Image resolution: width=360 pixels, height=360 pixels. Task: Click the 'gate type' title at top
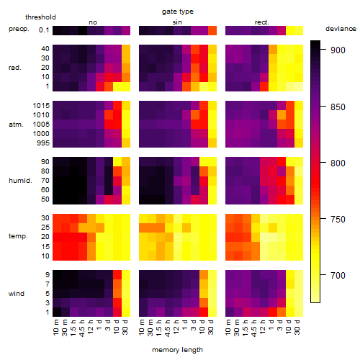(178, 12)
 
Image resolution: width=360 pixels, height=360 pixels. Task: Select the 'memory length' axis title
(177, 350)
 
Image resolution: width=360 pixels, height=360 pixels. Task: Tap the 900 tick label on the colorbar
(338, 50)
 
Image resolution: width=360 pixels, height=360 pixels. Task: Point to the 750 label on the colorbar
(338, 219)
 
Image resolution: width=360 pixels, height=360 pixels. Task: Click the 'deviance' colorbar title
(341, 29)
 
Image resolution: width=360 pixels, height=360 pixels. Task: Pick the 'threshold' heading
(40, 17)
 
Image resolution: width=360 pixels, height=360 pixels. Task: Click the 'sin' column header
(177, 22)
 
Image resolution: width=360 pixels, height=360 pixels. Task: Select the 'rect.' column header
(261, 22)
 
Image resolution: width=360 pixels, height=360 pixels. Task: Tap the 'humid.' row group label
(20, 180)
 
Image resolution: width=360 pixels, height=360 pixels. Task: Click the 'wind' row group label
(17, 293)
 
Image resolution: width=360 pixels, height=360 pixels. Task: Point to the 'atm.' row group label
(16, 125)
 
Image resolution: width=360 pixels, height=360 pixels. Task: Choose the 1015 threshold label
(41, 105)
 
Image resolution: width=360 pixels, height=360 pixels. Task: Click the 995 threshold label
(43, 143)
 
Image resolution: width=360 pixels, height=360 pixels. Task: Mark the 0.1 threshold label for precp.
(44, 30)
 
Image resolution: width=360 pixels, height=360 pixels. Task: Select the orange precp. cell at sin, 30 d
(212, 30)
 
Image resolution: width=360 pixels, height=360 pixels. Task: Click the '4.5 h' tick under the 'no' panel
(82, 328)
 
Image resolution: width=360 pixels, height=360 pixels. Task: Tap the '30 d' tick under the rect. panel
(297, 327)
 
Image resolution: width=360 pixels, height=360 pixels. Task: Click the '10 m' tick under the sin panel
(142, 328)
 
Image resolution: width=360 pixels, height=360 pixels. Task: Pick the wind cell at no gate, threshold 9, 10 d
(117, 274)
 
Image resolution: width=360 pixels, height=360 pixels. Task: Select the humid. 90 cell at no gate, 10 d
(117, 161)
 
